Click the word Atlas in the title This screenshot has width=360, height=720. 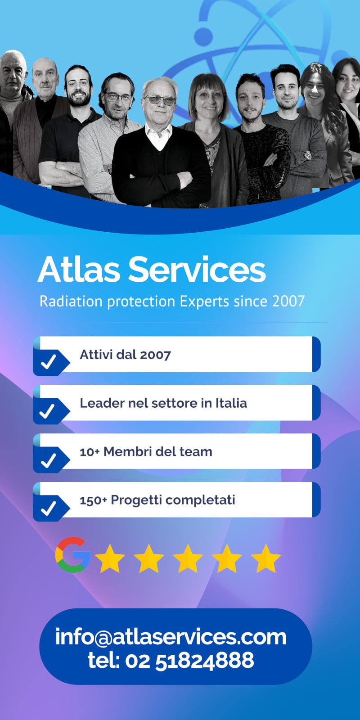pos(79,269)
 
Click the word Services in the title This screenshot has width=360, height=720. pos(197,269)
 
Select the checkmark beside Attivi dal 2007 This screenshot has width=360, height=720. pos(49,361)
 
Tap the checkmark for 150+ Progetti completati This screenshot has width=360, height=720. pos(49,508)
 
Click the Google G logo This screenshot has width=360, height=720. pos(72,554)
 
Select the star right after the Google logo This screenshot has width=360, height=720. pos(110,558)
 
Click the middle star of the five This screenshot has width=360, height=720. pos(188,558)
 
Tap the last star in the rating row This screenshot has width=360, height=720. pos(266,558)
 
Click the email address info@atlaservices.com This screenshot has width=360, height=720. pos(171,636)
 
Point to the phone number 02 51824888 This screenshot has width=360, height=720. pos(189,660)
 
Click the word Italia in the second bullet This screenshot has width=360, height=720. pos(231,403)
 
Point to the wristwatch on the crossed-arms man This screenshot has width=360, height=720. pos(306,156)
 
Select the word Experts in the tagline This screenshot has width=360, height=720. pos(204,301)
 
